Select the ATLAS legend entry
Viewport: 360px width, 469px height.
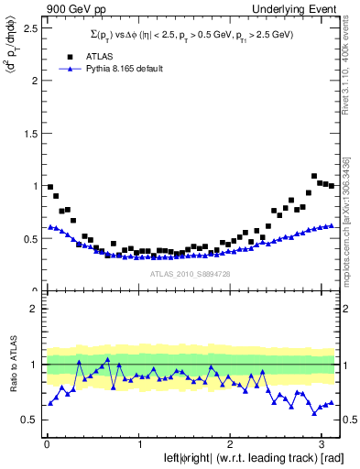coord(95,56)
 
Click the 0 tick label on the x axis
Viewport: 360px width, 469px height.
coord(47,444)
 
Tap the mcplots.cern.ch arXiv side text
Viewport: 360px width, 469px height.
coord(349,202)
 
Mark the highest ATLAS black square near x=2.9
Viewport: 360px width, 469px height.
coord(314,176)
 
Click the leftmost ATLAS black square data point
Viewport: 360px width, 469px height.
coord(49,187)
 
